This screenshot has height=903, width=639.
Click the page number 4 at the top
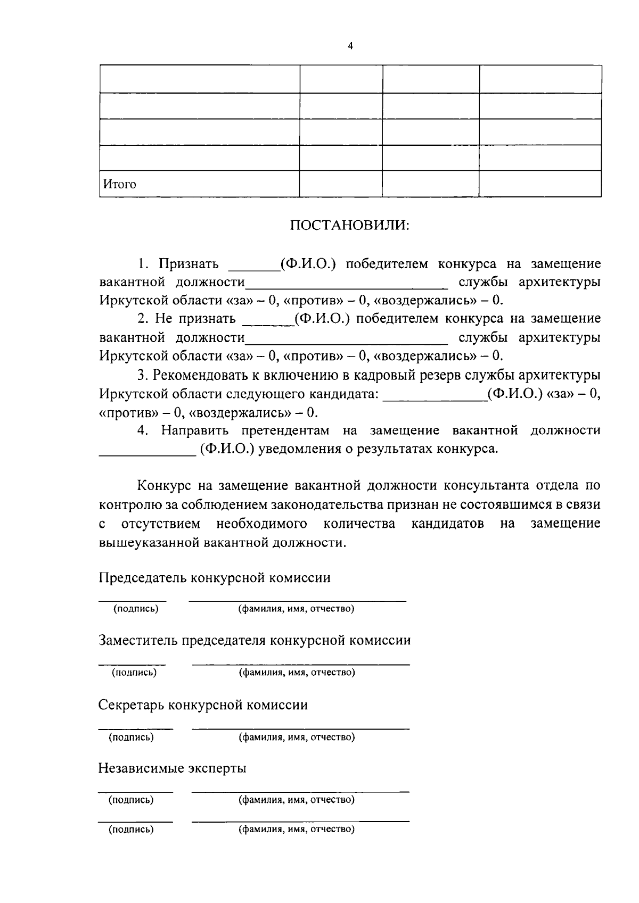click(350, 46)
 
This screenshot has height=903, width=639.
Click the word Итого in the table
click(120, 185)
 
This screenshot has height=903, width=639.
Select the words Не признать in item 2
click(195, 319)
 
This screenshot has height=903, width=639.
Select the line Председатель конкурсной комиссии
click(215, 578)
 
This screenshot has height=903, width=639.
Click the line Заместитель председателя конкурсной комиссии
click(255, 641)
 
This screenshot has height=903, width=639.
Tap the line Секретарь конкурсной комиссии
click(203, 706)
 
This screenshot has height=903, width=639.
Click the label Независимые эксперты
click(173, 768)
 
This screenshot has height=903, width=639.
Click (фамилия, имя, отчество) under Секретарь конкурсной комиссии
click(296, 738)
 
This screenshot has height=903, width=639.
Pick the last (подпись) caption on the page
click(132, 830)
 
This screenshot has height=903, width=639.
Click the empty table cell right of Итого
click(340, 184)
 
